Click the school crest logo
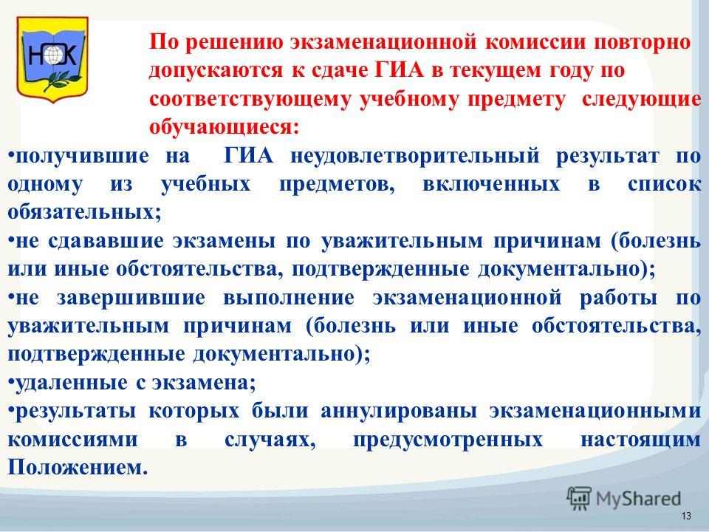(x=52, y=59)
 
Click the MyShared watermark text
(x=638, y=499)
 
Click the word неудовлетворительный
(x=414, y=156)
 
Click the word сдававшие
(x=105, y=240)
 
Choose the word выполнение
(x=289, y=298)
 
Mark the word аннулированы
(x=399, y=412)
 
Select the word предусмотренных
(x=448, y=440)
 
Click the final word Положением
(x=78, y=467)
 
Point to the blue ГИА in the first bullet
(x=249, y=156)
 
